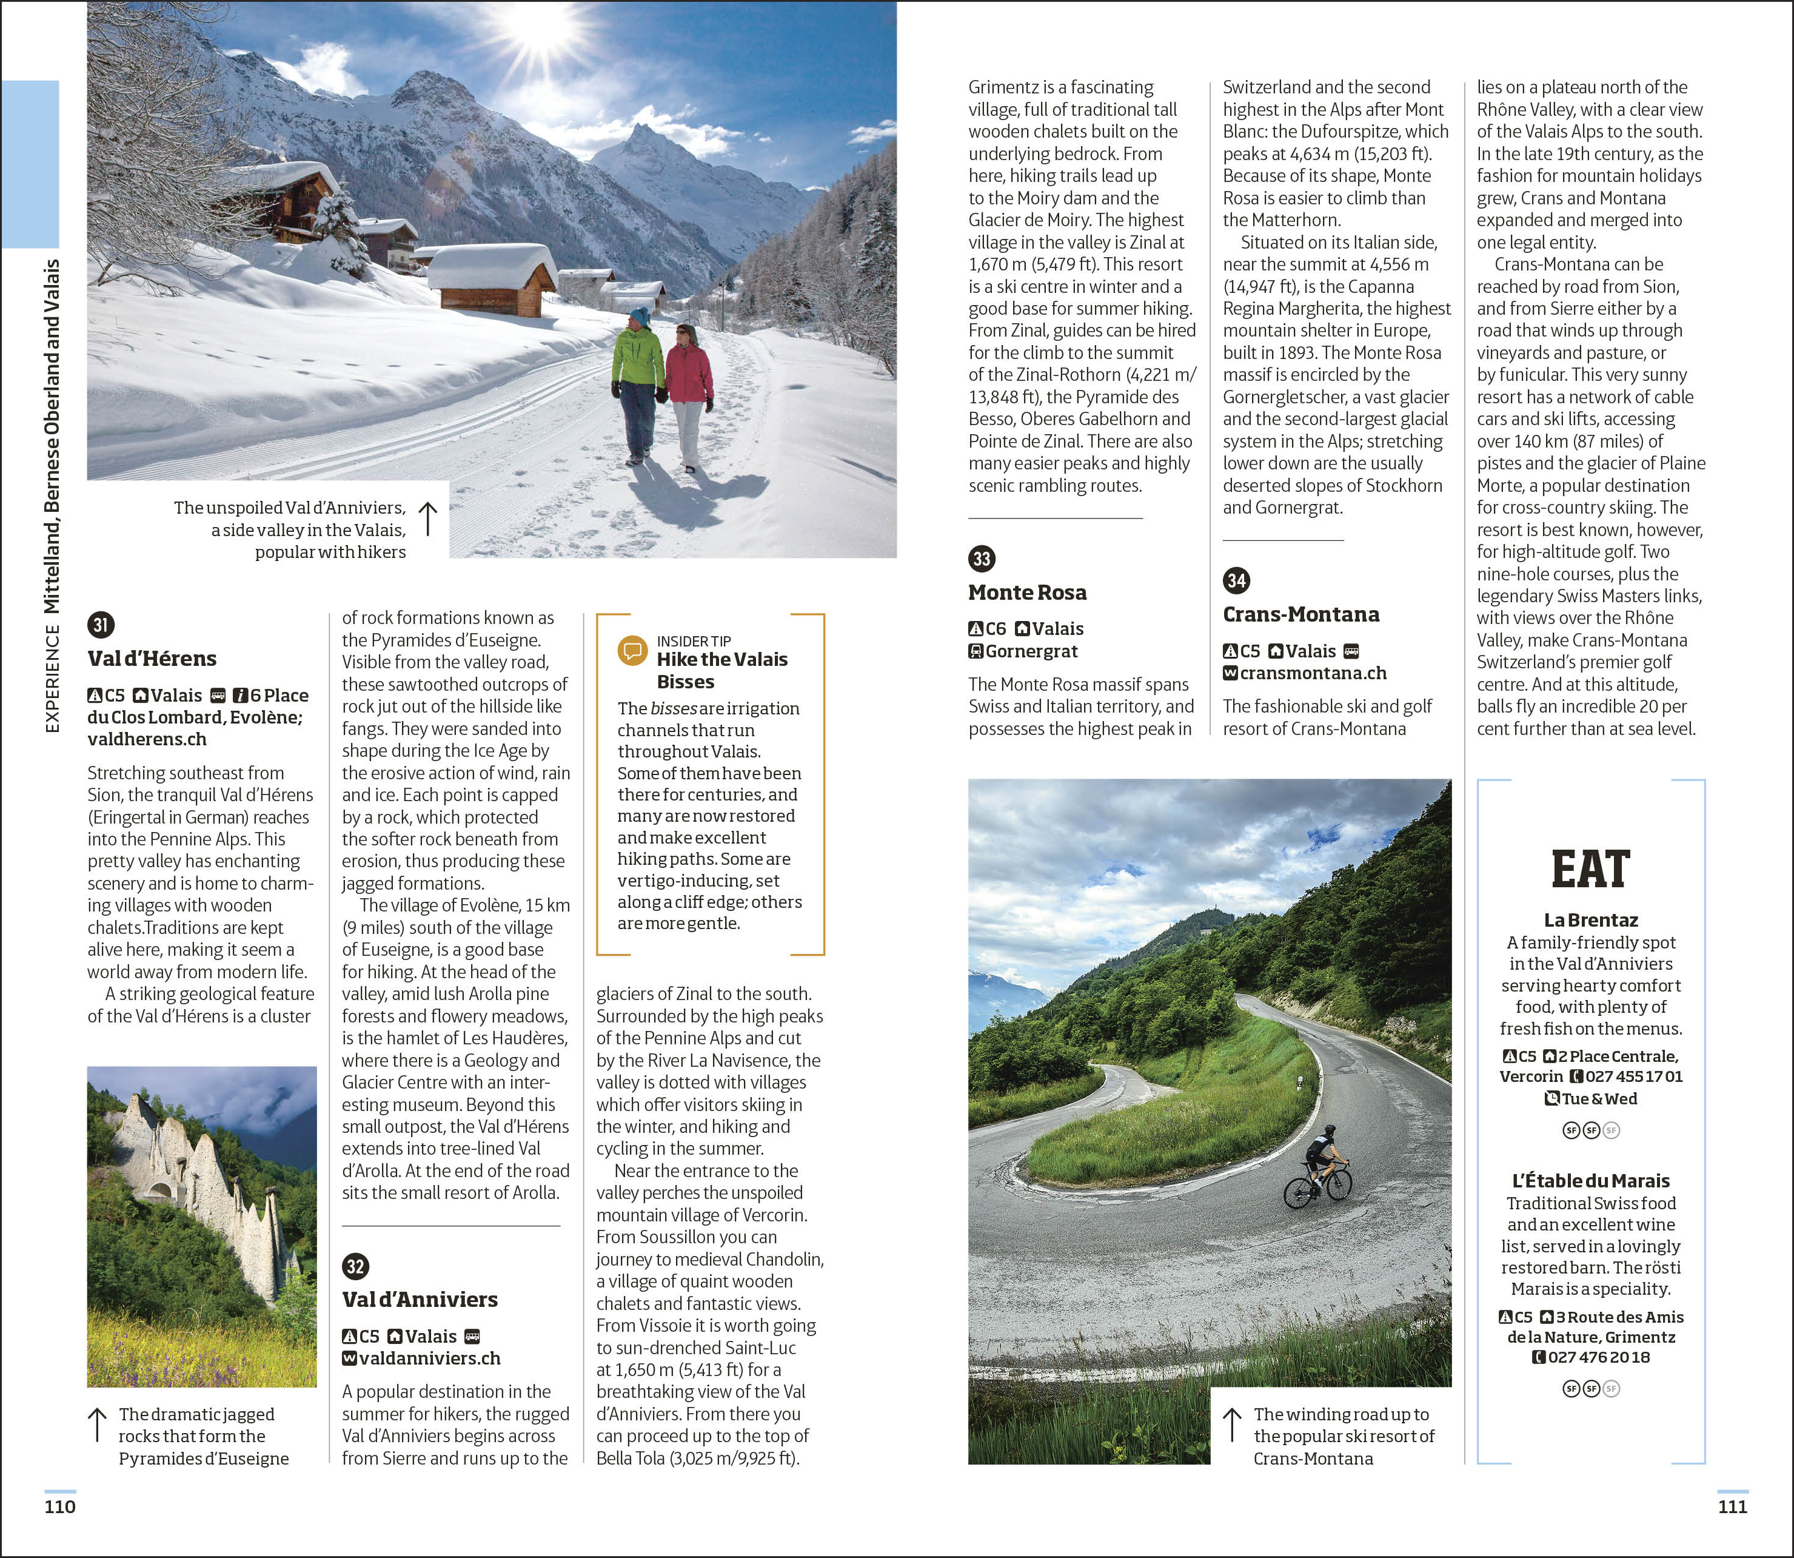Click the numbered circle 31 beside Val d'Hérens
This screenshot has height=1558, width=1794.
[x=101, y=624]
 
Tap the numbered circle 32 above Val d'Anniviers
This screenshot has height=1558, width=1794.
[x=355, y=1266]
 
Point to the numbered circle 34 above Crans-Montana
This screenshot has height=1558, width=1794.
[x=1236, y=580]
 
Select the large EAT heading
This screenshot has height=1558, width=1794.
[x=1591, y=870]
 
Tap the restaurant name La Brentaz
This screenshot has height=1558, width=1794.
[x=1591, y=920]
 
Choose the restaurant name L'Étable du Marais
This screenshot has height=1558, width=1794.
[x=1591, y=1181]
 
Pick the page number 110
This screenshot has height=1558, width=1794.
[x=60, y=1506]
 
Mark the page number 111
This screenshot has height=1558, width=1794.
[x=1732, y=1506]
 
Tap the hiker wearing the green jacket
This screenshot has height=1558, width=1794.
[x=637, y=383]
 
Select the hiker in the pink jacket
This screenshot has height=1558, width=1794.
[x=689, y=391]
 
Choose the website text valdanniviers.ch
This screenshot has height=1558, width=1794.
[x=429, y=1358]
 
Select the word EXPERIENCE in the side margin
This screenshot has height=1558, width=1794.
[x=52, y=678]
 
